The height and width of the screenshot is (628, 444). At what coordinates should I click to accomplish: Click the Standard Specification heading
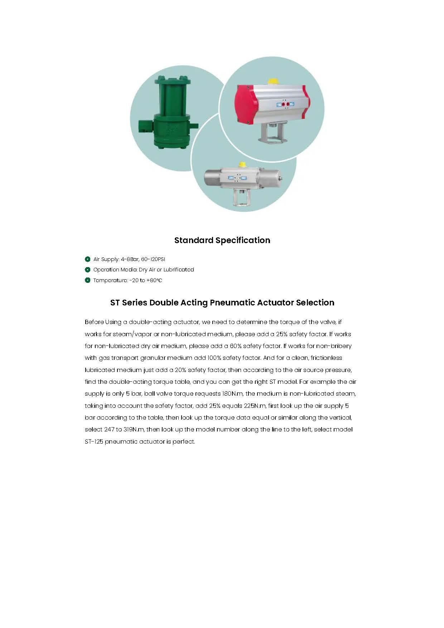222,240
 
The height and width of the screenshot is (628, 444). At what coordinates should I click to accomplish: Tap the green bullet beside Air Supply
87,259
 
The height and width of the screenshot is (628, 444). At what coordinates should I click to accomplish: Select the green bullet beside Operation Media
87,270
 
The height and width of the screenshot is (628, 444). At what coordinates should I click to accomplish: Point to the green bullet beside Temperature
87,280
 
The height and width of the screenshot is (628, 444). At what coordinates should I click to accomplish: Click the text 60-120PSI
153,259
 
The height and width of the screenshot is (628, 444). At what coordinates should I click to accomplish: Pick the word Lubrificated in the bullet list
179,270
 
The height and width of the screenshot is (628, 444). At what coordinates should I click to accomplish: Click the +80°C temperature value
154,280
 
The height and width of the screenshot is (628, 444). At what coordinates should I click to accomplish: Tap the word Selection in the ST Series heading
315,303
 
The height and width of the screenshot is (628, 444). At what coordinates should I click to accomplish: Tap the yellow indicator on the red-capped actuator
274,82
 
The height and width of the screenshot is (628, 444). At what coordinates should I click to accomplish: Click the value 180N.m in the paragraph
233,394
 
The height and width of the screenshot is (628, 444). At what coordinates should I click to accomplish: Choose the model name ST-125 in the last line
94,441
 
